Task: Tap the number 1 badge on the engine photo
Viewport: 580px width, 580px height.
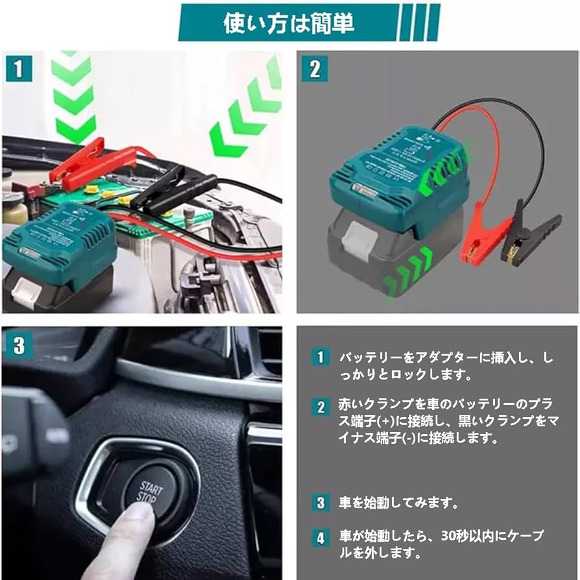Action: coord(20,68)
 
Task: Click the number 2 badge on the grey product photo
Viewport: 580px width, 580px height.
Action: coord(315,68)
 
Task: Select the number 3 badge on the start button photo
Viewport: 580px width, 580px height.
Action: coord(19,345)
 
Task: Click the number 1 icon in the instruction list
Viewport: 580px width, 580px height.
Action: coord(320,357)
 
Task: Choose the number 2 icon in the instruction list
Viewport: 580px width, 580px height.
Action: coord(320,407)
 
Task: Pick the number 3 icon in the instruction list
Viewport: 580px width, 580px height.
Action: coord(320,502)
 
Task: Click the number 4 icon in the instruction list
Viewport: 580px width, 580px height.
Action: coord(320,537)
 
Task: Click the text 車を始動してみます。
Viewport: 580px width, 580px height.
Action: coord(399,503)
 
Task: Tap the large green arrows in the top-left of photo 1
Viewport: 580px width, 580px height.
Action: coord(73,97)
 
